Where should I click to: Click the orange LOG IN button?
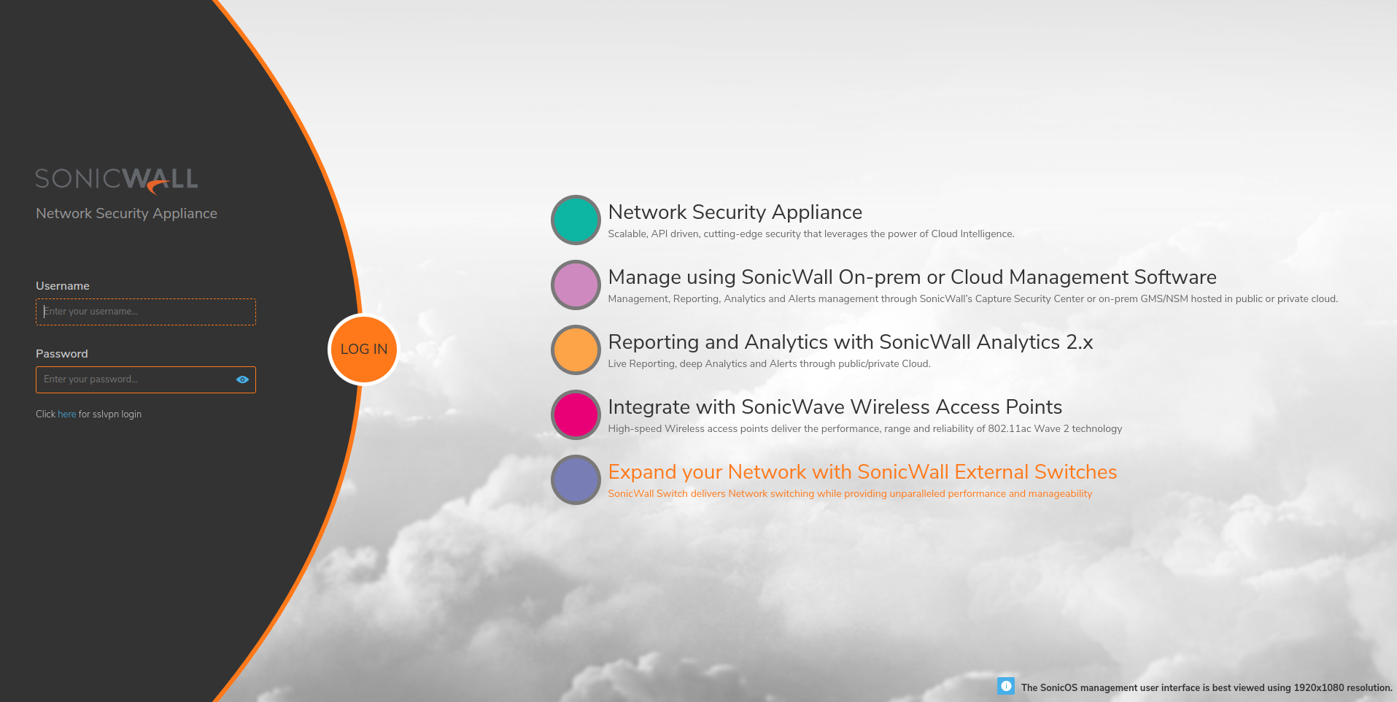pos(364,350)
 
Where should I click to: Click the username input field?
pos(146,312)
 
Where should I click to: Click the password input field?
pos(146,379)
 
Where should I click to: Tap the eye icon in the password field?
pos(243,379)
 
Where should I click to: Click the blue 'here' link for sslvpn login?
pos(66,414)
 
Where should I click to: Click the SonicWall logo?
pos(117,180)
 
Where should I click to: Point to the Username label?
pos(63,286)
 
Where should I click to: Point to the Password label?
pos(62,354)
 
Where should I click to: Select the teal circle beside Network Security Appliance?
pos(576,220)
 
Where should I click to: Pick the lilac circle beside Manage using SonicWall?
pos(576,285)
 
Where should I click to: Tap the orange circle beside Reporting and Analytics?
pos(576,350)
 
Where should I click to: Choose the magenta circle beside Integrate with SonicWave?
pos(576,414)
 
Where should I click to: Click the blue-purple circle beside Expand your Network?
pos(576,479)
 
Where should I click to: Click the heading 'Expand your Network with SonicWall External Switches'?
pos(862,472)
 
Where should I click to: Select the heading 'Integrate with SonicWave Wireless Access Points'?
pos(835,407)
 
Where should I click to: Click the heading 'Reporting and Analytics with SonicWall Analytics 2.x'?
pos(851,342)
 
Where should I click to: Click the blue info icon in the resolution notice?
pos(1006,686)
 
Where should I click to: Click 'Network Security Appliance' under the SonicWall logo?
pos(127,214)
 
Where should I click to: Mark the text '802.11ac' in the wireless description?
pos(1010,428)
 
